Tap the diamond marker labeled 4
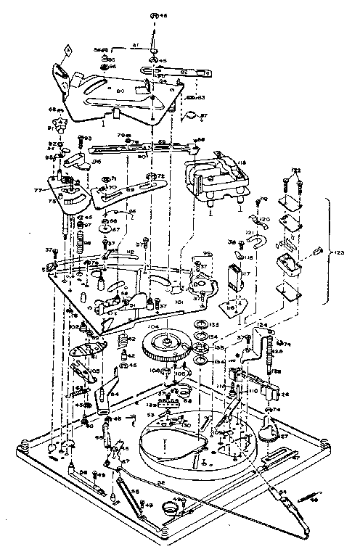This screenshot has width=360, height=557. (x=67, y=49)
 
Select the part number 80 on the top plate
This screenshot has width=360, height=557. (x=120, y=91)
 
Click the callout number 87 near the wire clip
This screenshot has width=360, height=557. (x=204, y=116)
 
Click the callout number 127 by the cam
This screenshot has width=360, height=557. (x=284, y=437)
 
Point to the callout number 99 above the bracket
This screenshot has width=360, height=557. (x=207, y=253)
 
